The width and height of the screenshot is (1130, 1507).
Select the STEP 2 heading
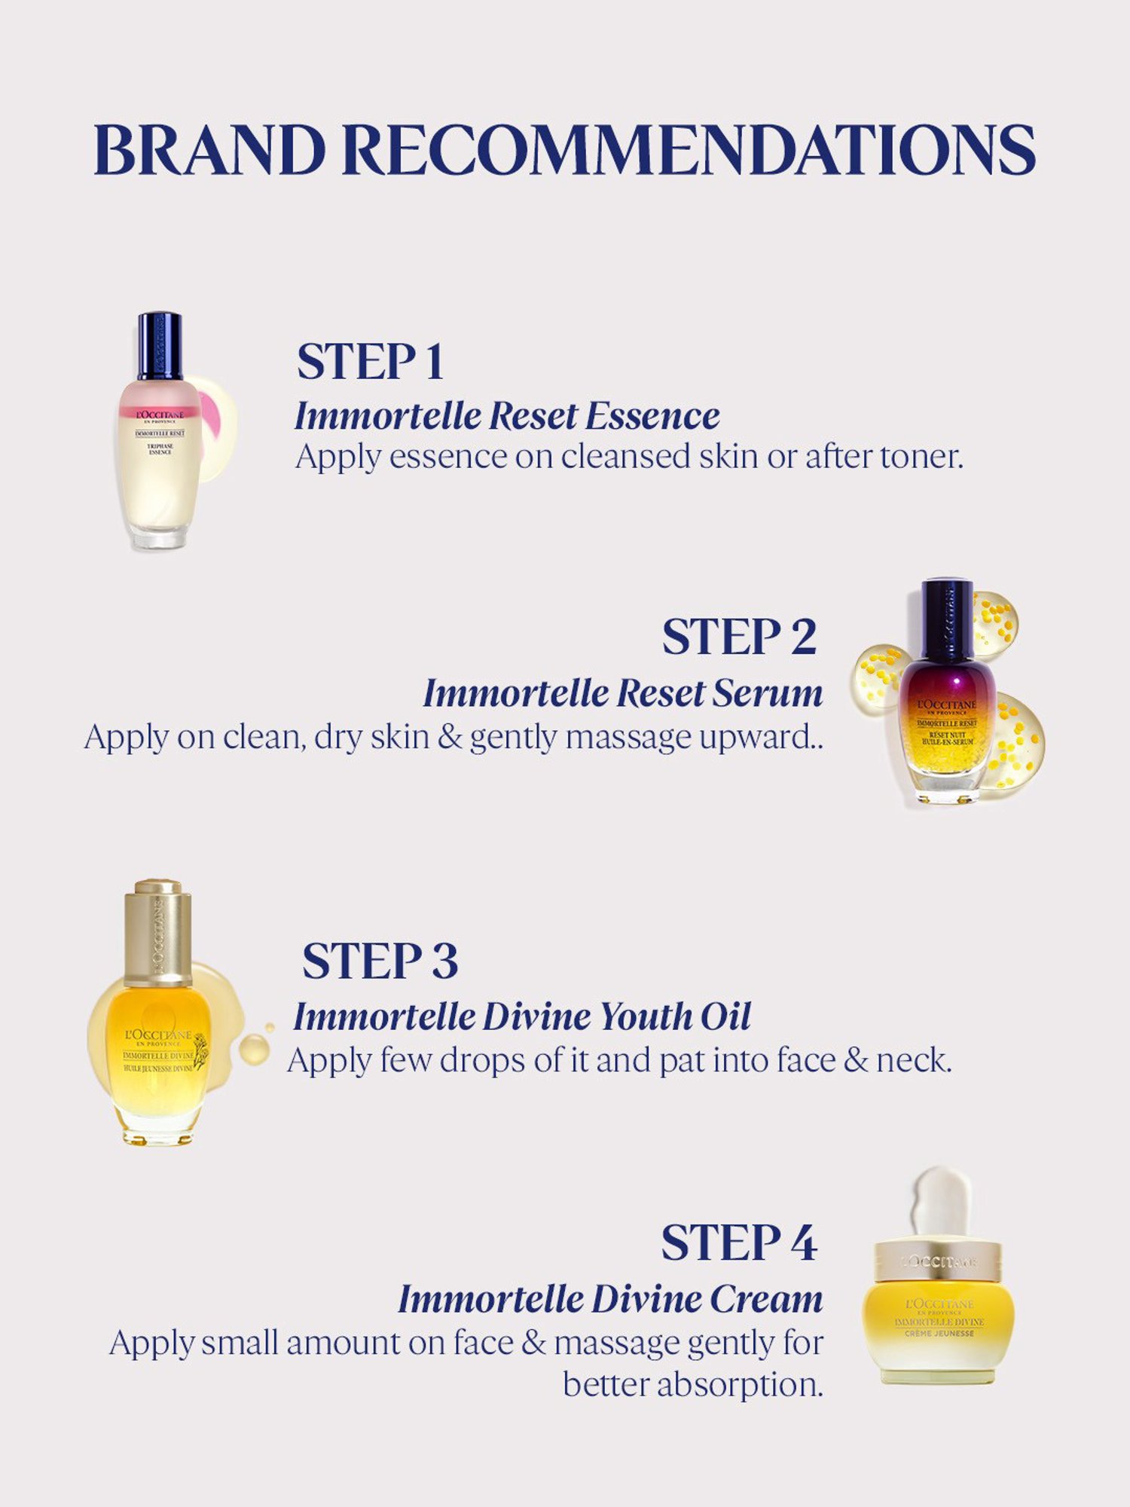[x=739, y=637]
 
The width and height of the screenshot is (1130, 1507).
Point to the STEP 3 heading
[x=380, y=961]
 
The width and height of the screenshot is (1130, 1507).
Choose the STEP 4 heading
[x=739, y=1242]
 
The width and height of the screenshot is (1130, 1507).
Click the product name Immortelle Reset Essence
[x=507, y=416]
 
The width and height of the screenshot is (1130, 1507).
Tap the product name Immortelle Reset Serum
[x=623, y=693]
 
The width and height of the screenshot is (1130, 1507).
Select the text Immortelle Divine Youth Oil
[x=522, y=1016]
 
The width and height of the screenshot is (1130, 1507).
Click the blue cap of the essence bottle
[x=160, y=345]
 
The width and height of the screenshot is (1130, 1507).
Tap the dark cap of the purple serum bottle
[x=947, y=618]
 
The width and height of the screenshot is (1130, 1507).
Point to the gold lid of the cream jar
[x=939, y=1260]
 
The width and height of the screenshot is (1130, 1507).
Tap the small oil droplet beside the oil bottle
[x=254, y=1048]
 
